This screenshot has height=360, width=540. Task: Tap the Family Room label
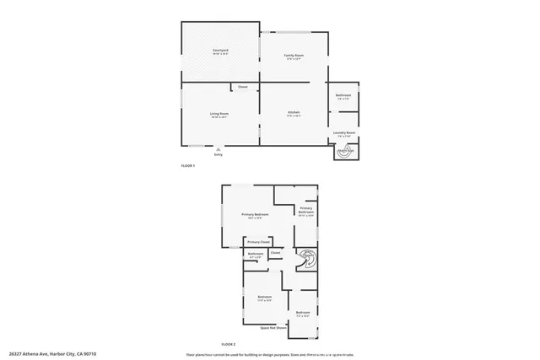294,55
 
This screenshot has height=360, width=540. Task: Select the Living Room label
219,113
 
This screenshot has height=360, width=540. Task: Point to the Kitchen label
294,112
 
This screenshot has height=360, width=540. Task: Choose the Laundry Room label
343,132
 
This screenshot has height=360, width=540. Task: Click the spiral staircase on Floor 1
345,152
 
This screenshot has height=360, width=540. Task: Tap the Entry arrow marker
219,149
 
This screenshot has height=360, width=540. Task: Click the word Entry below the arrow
219,155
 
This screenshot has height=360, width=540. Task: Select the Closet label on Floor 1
242,87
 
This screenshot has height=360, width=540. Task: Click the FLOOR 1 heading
188,165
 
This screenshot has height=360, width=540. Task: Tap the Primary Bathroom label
306,210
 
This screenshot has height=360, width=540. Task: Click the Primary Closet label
258,242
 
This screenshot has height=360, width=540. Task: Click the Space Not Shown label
271,326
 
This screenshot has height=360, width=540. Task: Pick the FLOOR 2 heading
228,345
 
